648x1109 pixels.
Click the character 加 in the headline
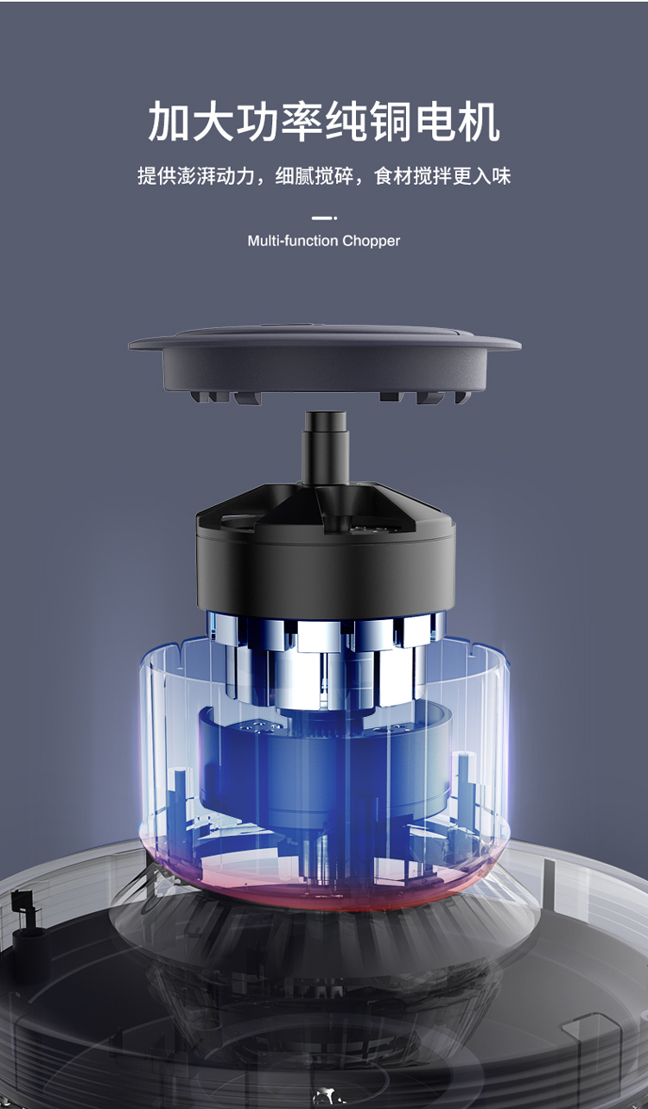tap(169, 121)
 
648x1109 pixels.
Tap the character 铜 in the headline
tap(391, 121)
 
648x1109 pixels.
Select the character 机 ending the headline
tap(479, 121)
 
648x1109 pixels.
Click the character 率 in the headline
tap(302, 121)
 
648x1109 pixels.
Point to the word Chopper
tap(371, 241)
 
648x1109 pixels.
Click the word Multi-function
tap(293, 241)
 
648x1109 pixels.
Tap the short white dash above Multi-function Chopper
tap(324, 218)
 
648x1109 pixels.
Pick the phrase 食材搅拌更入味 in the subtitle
tap(442, 175)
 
